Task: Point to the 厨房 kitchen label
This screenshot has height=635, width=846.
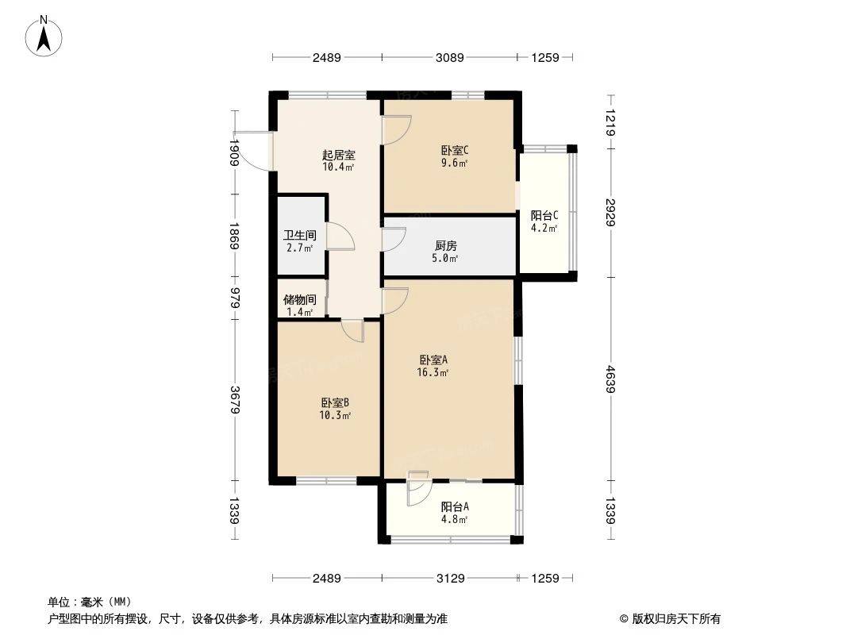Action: [445, 246]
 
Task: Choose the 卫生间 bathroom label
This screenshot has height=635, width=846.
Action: [300, 236]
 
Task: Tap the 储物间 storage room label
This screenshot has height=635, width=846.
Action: [300, 300]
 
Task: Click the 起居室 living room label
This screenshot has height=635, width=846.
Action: [338, 156]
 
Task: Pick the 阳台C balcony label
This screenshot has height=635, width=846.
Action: [544, 215]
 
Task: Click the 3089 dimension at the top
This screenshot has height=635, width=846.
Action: [449, 57]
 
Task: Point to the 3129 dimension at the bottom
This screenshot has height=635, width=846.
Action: [449, 578]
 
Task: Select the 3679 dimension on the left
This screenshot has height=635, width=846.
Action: [234, 399]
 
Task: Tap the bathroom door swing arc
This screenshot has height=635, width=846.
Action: [341, 237]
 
